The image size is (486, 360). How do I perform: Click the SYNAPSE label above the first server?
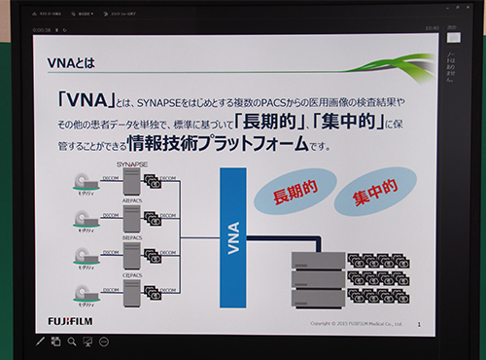pos(130,166)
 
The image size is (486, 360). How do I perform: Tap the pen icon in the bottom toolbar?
pos(40,342)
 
